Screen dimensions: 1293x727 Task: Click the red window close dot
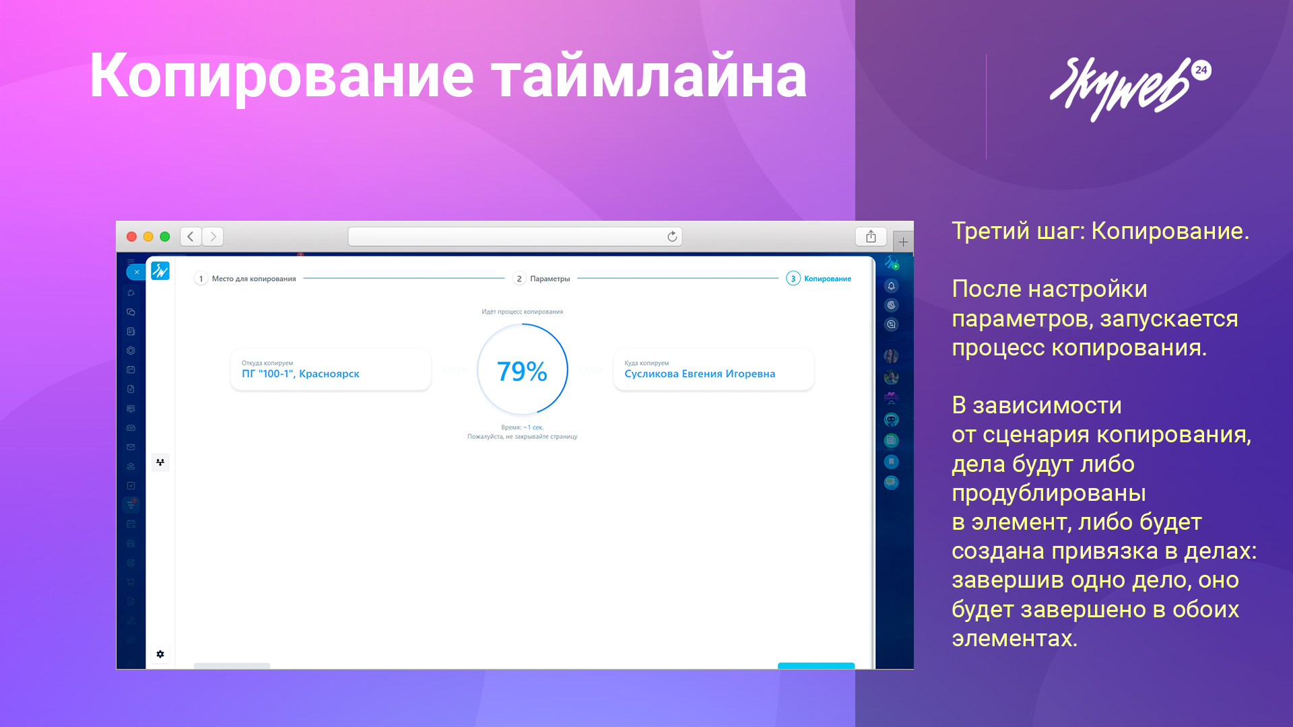point(132,237)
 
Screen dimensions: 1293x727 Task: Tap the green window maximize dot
point(165,237)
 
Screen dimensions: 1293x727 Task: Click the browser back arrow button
point(191,237)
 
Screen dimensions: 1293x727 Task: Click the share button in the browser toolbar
point(871,236)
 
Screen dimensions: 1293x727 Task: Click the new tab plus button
point(903,242)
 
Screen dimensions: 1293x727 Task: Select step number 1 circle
point(201,279)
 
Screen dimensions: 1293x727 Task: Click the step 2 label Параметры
point(550,279)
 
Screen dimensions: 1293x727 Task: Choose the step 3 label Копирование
point(828,279)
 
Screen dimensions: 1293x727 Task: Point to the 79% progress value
point(522,371)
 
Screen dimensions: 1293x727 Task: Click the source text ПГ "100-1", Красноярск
point(300,374)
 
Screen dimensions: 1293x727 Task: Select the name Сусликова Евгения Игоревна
point(700,374)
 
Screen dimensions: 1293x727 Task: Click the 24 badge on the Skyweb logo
point(1201,70)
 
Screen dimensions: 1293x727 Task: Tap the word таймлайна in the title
point(649,76)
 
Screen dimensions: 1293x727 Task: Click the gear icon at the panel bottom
point(160,654)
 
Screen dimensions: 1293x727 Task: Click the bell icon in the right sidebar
point(891,286)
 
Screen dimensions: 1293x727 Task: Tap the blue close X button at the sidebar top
point(136,272)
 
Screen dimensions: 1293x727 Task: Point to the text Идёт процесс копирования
point(522,312)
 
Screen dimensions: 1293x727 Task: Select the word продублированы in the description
point(1049,493)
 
